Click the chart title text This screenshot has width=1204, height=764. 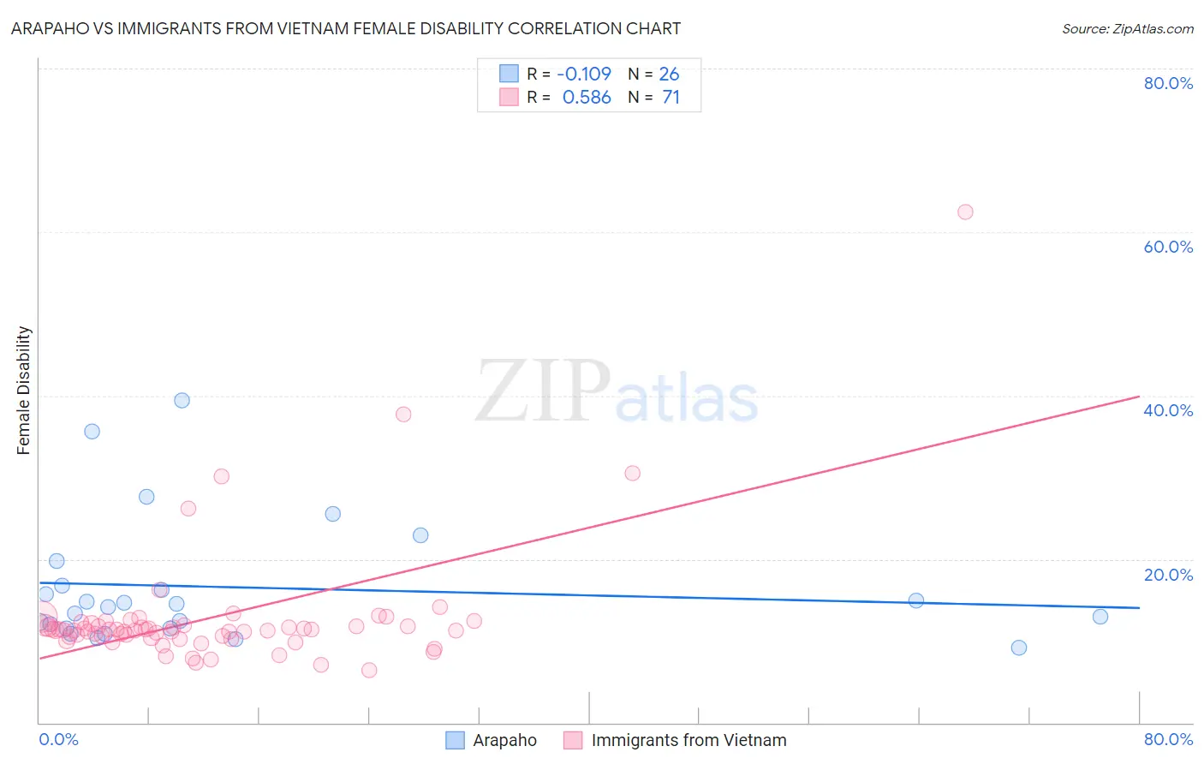coord(346,28)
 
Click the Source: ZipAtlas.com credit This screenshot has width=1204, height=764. coord(1127,29)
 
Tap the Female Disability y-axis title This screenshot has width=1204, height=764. coord(24,390)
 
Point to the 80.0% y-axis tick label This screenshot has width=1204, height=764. coord(1168,83)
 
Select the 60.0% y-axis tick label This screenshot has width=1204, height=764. coord(1168,247)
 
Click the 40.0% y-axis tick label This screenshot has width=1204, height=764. coord(1168,410)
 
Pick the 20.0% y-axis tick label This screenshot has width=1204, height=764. coord(1168,575)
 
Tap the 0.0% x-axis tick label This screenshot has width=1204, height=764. coord(58,740)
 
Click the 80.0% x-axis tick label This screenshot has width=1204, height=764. coord(1168,740)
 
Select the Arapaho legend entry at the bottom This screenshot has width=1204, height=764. coord(492,741)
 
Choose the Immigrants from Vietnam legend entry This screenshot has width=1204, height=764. coord(676,741)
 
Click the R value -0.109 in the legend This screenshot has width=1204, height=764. coord(584,75)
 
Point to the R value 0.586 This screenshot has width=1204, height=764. coord(587,98)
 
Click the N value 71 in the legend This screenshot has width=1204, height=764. coord(671,98)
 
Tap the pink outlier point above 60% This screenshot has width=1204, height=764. coord(965,212)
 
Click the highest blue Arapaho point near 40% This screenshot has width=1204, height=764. coord(182,400)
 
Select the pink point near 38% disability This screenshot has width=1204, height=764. coord(403,415)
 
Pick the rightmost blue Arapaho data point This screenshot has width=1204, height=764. coord(1100,617)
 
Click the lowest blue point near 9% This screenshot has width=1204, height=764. coord(1019,648)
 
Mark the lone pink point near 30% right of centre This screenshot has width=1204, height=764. coord(633,474)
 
